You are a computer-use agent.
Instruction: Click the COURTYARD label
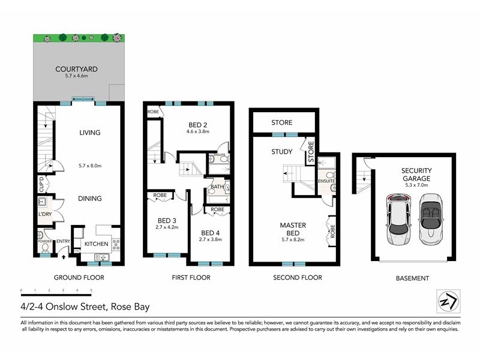(76, 69)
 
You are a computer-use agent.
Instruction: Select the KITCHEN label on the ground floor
(95, 244)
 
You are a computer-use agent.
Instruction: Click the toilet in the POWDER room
(44, 247)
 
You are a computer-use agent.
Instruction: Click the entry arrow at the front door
(64, 256)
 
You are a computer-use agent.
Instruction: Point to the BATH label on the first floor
(217, 187)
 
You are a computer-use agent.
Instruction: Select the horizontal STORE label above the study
(281, 123)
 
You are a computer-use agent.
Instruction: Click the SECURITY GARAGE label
(416, 174)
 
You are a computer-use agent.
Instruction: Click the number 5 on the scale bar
(91, 290)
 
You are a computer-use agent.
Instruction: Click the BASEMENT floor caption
(412, 278)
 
